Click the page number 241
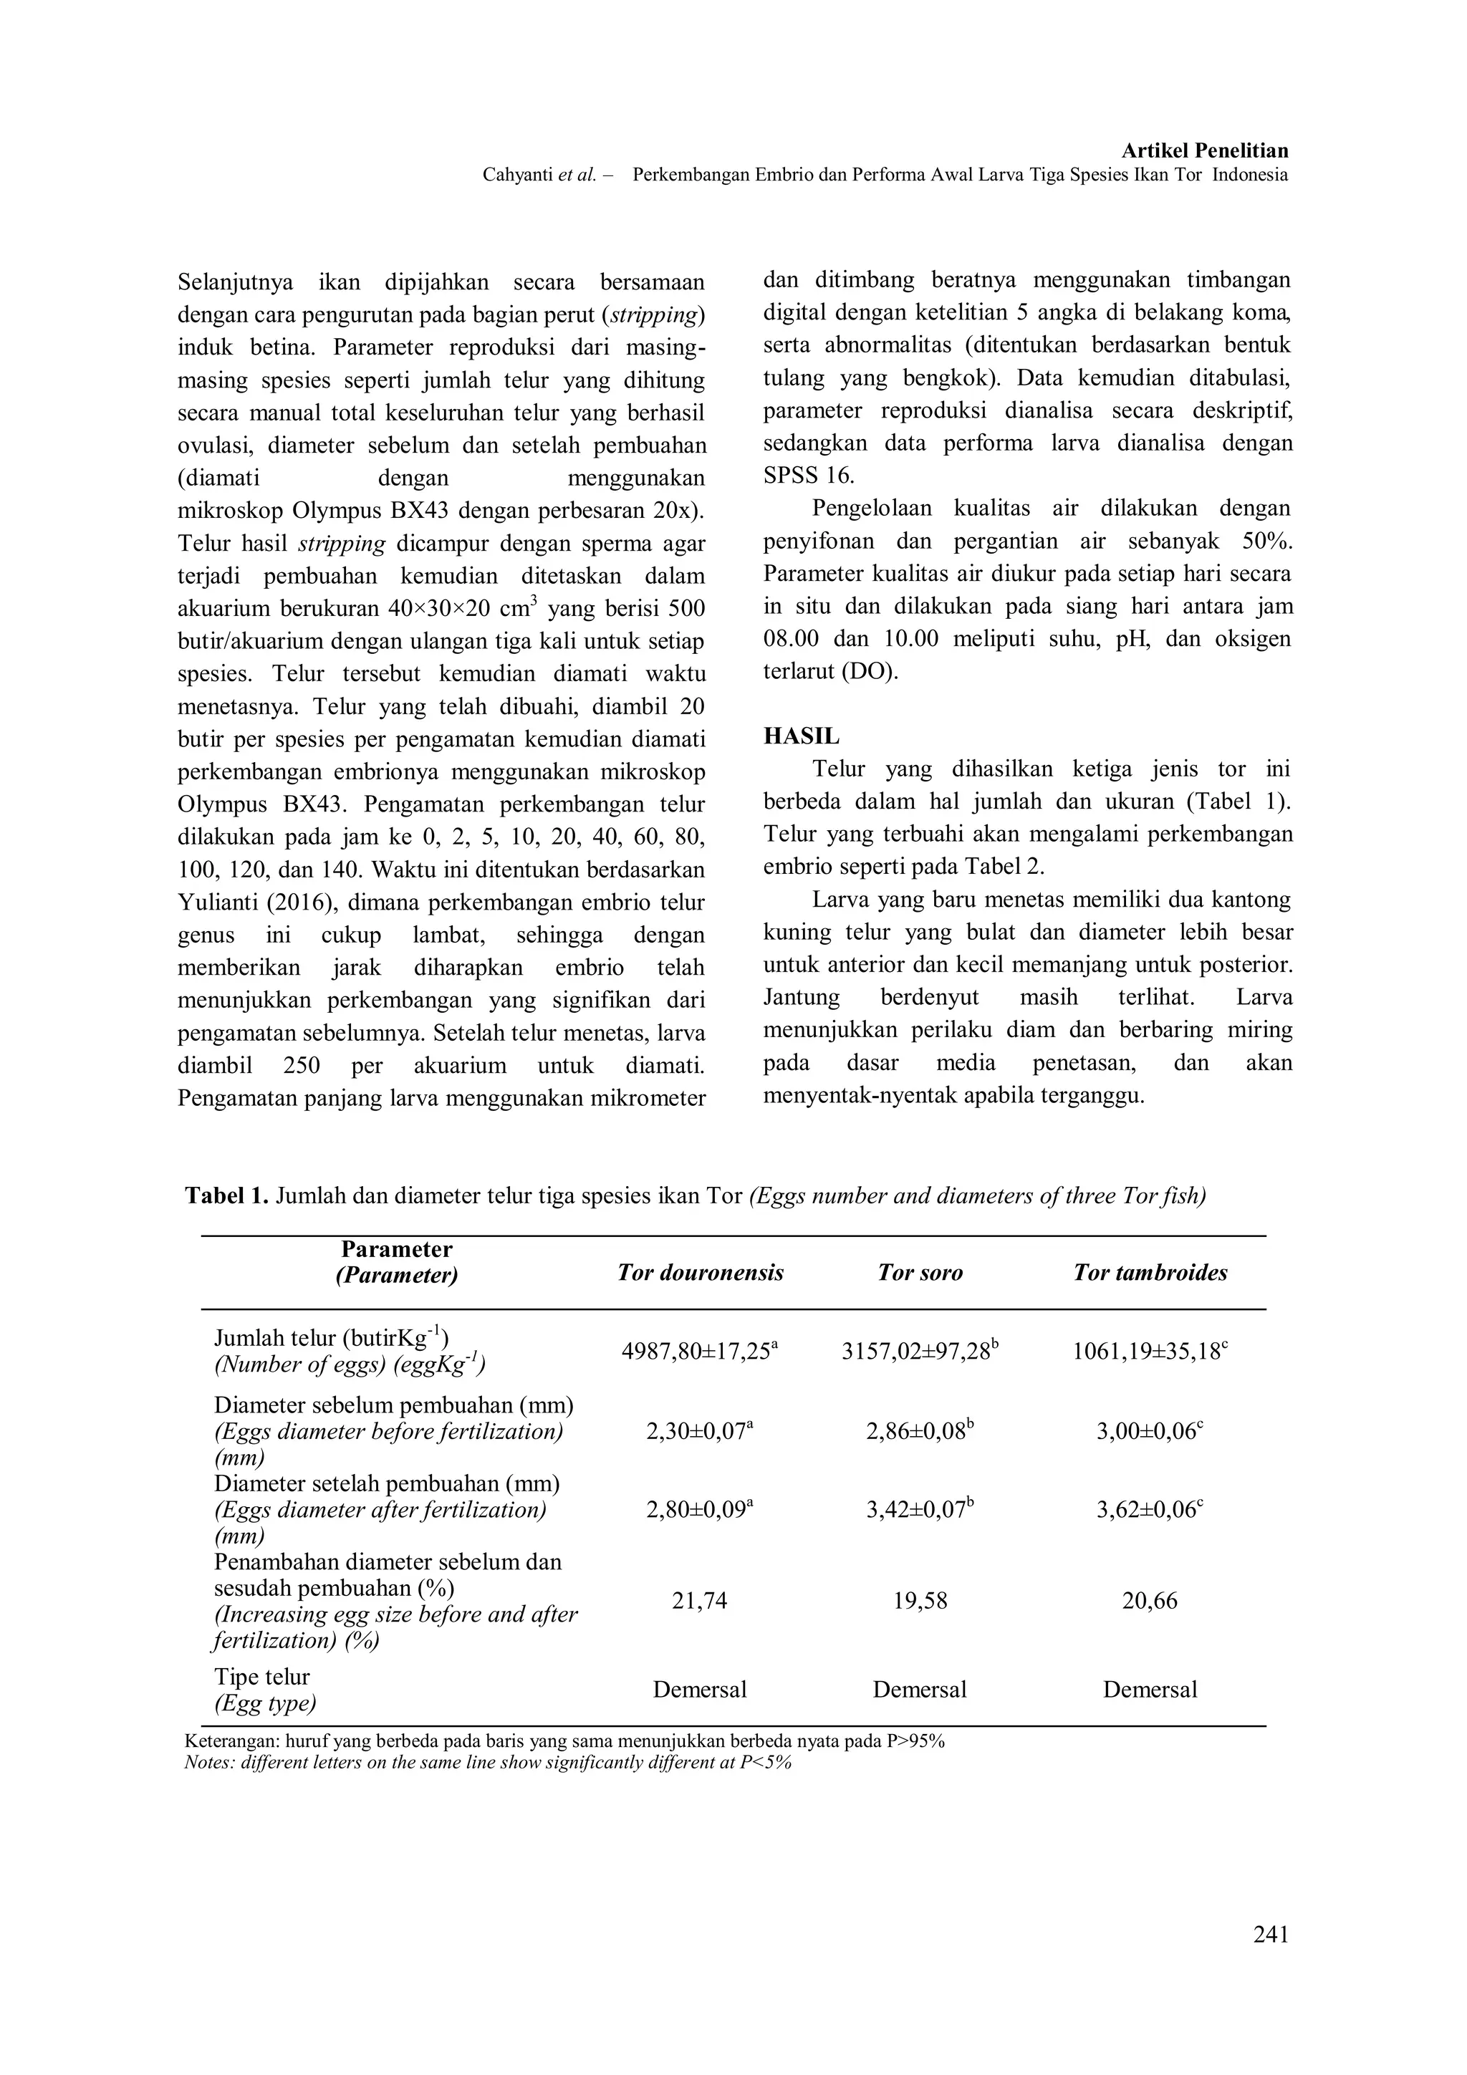tap(1270, 1934)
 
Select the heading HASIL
tap(801, 736)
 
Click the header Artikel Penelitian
tap(1204, 151)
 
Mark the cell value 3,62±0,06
tap(1150, 1509)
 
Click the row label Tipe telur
tap(261, 1677)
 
